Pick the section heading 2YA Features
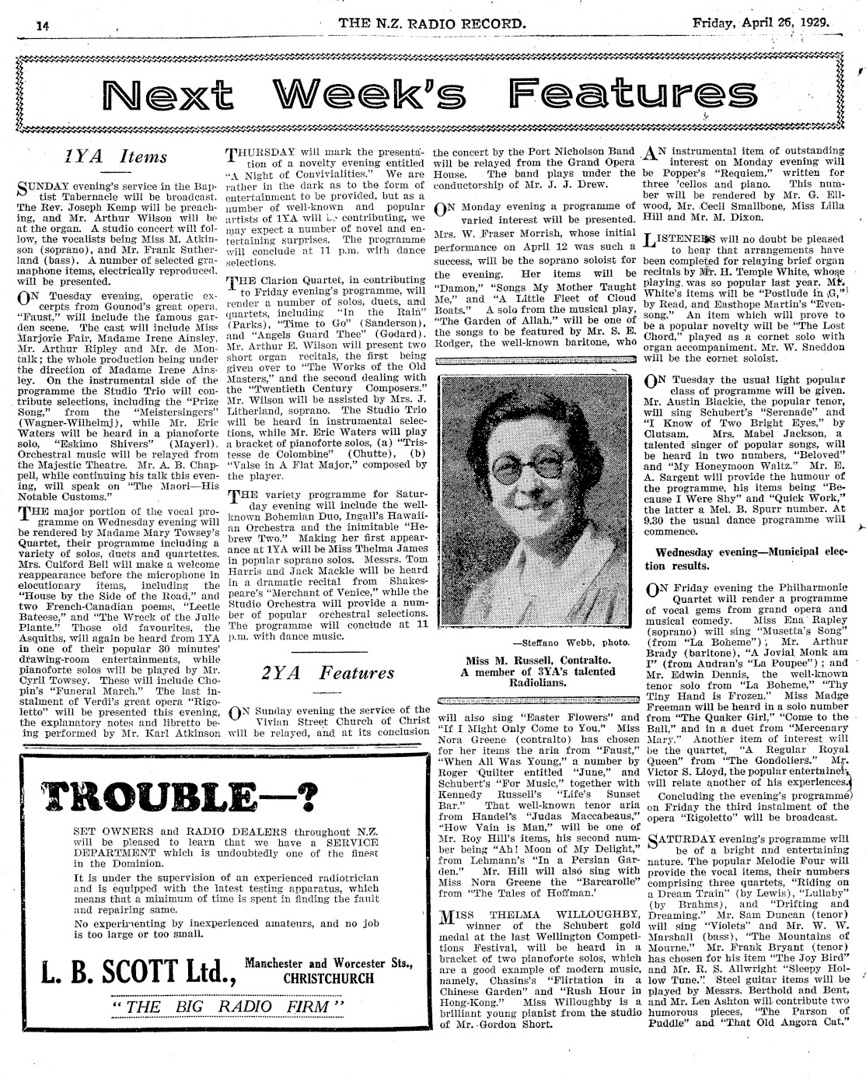[x=324, y=672]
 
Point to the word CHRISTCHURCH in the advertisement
[x=328, y=979]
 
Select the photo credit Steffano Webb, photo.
[x=571, y=643]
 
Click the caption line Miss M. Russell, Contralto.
[x=538, y=660]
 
